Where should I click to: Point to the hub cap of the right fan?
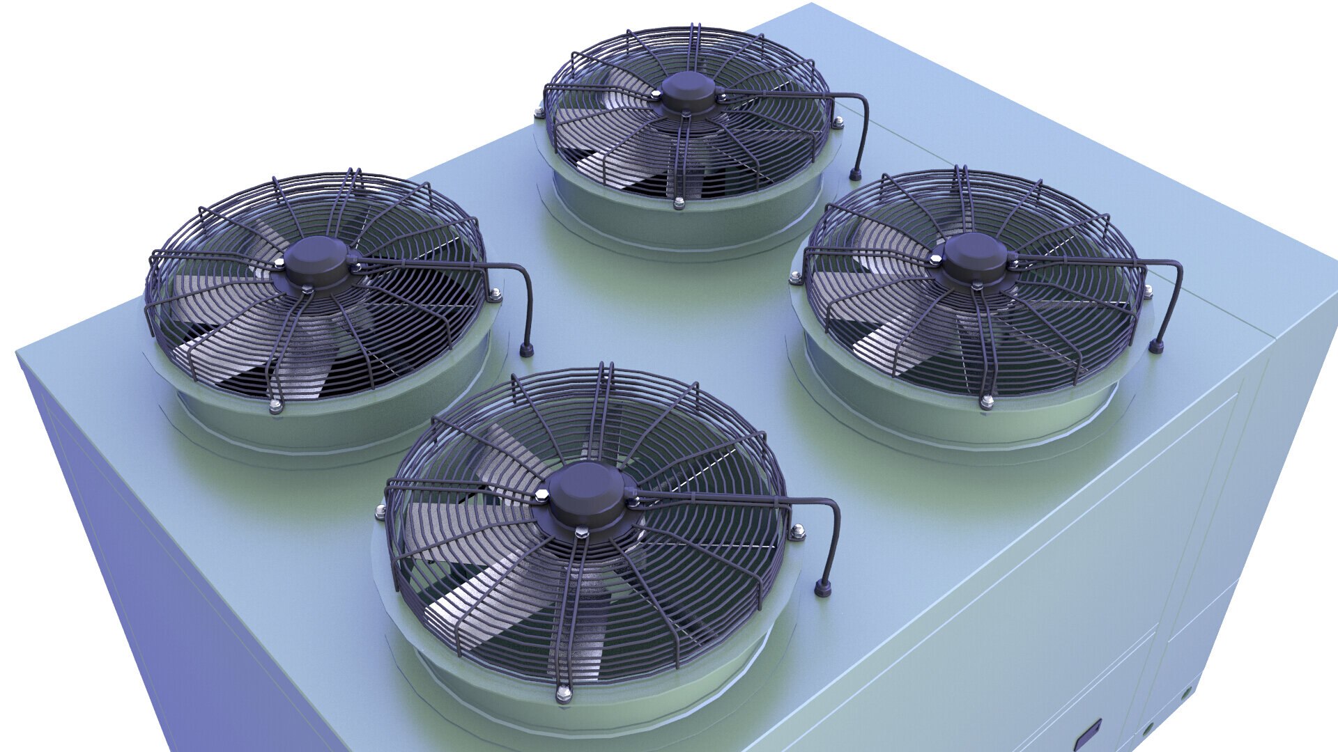[x=974, y=257]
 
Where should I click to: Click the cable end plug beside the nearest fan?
[x=823, y=589]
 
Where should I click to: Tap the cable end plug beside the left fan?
[x=528, y=349]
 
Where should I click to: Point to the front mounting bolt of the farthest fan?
[x=679, y=203]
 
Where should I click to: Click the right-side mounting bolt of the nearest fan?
[x=797, y=533]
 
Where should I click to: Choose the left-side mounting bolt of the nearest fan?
[x=380, y=514]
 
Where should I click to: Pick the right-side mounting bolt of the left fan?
[x=495, y=296]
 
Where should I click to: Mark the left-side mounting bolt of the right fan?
[x=796, y=279]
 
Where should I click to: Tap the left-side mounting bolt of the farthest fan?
[x=539, y=111]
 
